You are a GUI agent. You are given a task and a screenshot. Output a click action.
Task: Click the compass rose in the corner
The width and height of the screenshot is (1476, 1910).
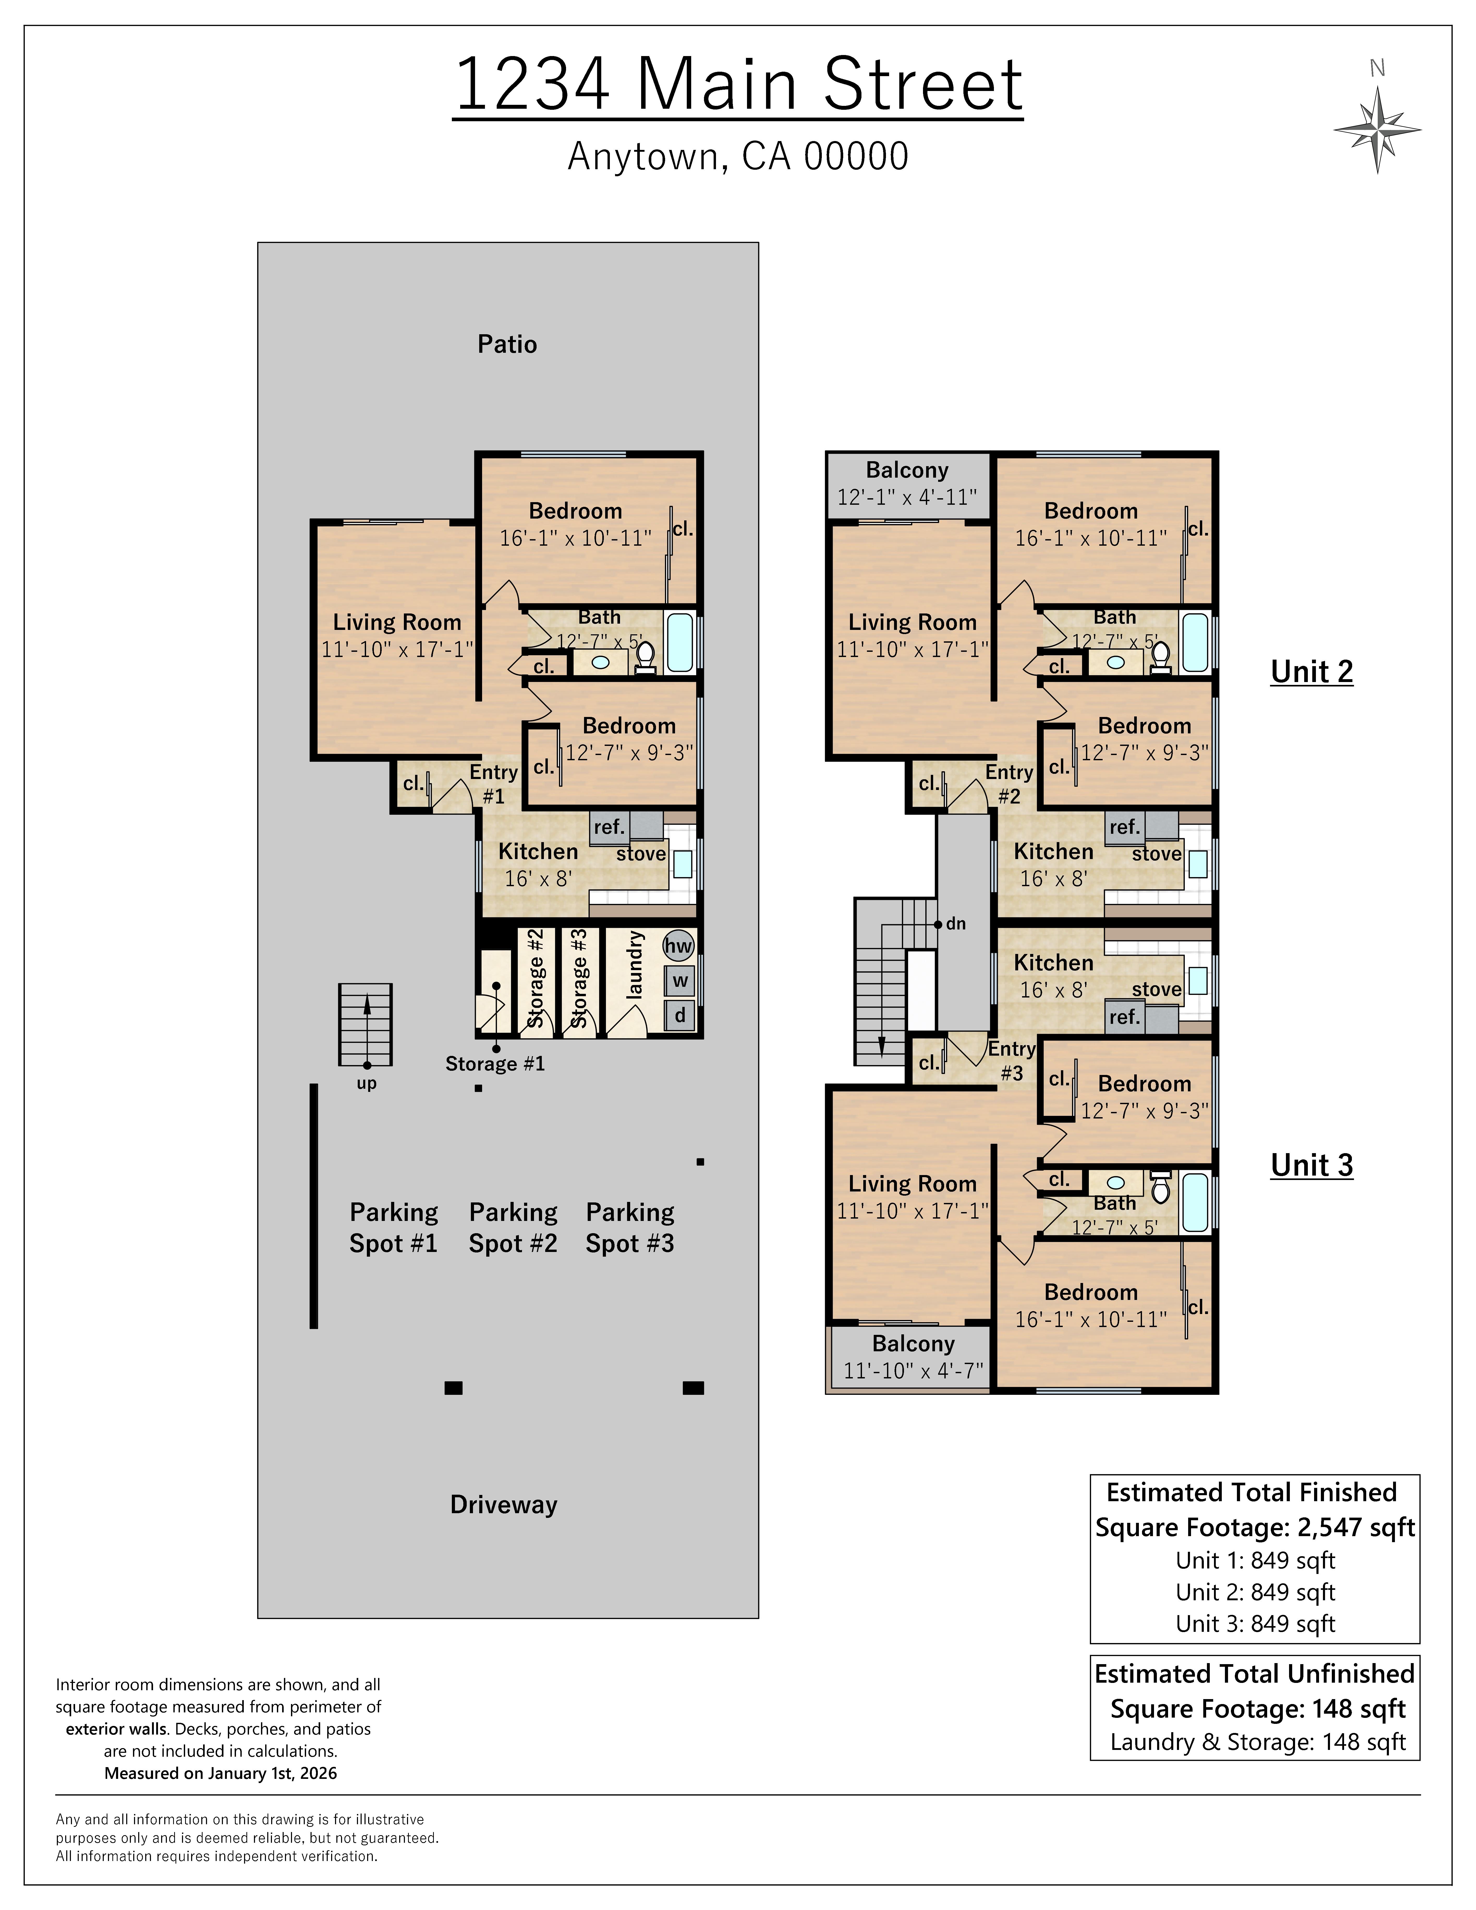(x=1377, y=129)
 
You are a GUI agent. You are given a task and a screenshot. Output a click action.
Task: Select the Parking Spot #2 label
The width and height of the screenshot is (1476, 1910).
(x=513, y=1228)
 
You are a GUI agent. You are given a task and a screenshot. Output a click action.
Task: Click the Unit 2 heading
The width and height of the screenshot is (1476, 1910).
(x=1312, y=672)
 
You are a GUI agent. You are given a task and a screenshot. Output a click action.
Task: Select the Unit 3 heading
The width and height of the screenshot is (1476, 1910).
(x=1312, y=1166)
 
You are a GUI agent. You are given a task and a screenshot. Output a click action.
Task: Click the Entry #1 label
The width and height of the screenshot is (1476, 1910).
(x=494, y=784)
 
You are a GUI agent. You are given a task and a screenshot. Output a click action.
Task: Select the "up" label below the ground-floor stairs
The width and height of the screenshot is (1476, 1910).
(x=366, y=1084)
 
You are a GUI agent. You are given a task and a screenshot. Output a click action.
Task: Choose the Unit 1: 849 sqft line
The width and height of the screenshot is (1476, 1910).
(x=1255, y=1560)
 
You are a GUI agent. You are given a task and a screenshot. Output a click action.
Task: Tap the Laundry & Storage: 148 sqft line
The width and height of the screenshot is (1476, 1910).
(x=1258, y=1742)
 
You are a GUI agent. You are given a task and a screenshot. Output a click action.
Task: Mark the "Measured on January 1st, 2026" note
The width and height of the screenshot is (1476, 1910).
(x=220, y=1774)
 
